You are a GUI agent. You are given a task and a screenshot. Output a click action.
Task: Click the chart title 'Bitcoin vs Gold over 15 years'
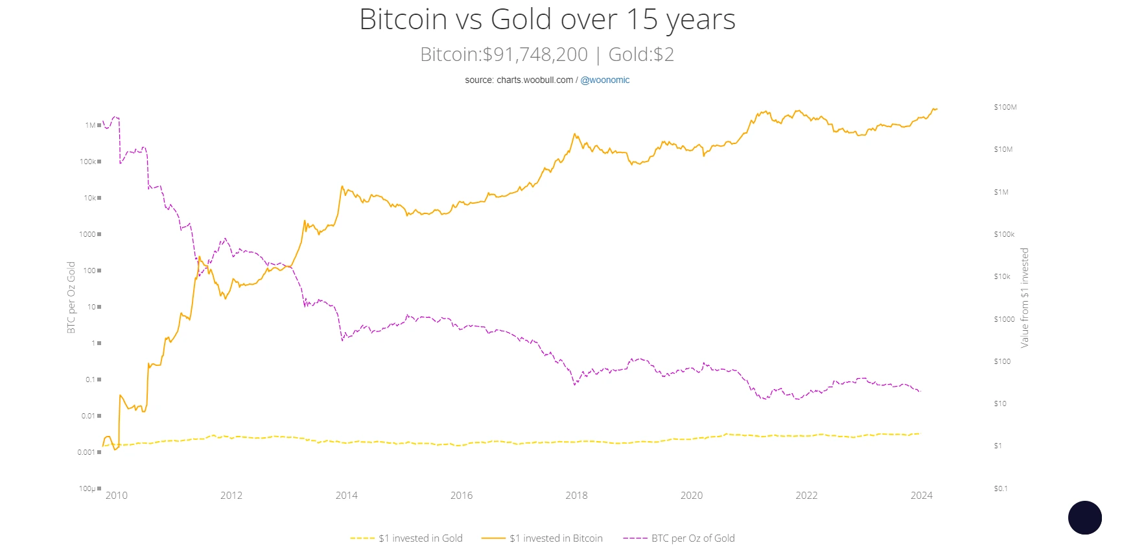click(547, 19)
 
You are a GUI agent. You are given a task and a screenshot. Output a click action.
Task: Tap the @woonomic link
click(605, 80)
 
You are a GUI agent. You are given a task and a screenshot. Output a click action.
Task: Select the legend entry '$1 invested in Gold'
click(420, 538)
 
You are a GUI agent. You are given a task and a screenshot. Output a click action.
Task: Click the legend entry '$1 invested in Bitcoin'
click(555, 538)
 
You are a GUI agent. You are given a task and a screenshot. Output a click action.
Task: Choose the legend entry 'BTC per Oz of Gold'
click(692, 538)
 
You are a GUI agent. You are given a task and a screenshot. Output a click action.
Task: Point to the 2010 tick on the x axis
click(117, 496)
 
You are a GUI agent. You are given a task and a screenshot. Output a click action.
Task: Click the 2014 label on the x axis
click(347, 496)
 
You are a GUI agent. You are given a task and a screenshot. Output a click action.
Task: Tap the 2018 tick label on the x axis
click(576, 496)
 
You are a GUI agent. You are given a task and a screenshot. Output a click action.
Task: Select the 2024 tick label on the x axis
click(921, 496)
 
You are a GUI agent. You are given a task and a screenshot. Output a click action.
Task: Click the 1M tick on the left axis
click(90, 125)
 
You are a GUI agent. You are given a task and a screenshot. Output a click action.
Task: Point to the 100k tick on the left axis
click(88, 162)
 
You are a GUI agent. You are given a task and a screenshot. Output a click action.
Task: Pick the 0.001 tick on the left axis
click(86, 452)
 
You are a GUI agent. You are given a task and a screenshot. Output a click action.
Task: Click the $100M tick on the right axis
click(1005, 107)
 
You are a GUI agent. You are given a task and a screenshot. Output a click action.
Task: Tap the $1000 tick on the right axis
click(1004, 319)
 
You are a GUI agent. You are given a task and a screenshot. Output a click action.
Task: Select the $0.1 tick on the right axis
click(1001, 488)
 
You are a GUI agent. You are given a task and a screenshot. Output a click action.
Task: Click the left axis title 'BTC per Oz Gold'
click(71, 297)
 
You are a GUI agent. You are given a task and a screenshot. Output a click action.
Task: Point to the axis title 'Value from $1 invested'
click(1024, 297)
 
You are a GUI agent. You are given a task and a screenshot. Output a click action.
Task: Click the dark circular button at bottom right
click(1084, 518)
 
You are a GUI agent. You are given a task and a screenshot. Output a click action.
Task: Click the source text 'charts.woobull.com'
click(535, 80)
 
